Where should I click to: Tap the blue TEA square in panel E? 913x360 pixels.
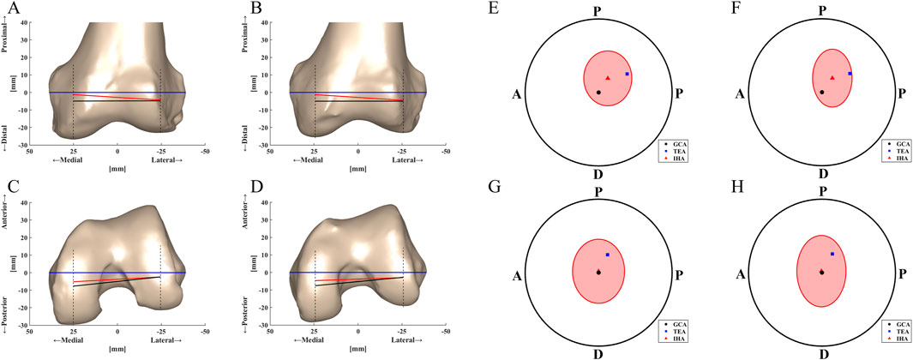tap(628, 75)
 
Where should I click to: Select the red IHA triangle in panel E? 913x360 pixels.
tap(608, 78)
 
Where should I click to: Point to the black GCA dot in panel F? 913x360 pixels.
tap(822, 92)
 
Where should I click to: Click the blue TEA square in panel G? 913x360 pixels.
tap(608, 255)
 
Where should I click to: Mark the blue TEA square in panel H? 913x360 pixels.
tap(832, 254)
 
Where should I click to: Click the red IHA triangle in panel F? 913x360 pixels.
tap(832, 78)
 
